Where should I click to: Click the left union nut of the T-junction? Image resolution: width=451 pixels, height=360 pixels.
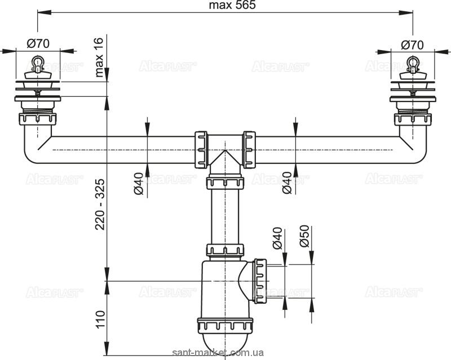coord(201,149)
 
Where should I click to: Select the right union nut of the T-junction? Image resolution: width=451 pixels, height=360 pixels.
coord(250,149)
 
